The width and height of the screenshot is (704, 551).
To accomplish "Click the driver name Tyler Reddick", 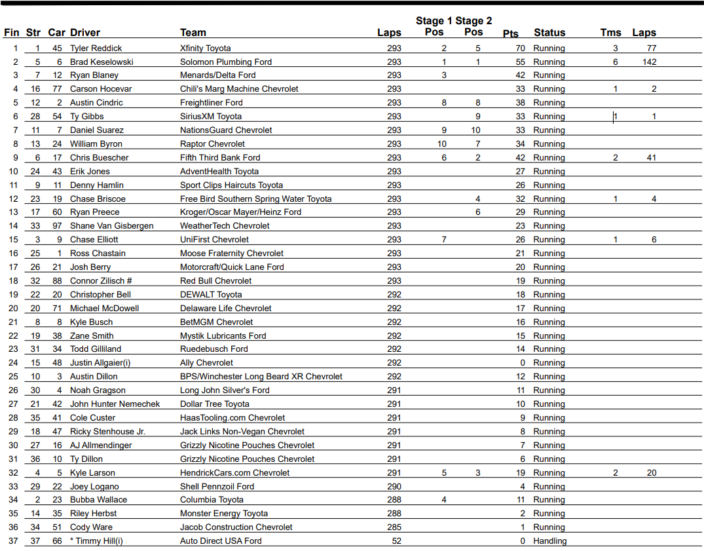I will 96,48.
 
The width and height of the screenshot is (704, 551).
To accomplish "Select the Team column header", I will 193,32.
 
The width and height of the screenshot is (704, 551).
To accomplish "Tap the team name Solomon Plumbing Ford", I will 226,62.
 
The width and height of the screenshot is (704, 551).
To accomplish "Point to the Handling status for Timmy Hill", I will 550,541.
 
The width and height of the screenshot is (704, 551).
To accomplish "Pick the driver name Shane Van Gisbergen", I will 112,225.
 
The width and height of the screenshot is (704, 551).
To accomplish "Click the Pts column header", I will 511,33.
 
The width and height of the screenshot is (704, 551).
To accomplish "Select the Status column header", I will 549,32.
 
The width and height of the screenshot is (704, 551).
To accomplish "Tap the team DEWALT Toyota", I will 211,294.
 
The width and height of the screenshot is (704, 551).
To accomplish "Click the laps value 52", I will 397,541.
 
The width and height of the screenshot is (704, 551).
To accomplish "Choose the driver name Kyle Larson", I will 92,472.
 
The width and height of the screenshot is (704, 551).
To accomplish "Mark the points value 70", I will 521,48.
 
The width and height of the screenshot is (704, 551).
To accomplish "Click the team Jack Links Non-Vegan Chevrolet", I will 242,431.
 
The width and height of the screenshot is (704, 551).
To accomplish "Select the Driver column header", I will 85,32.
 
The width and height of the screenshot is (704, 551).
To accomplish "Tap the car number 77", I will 57,88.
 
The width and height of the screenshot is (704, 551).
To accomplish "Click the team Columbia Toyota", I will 212,499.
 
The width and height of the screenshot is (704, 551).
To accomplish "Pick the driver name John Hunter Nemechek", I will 115,404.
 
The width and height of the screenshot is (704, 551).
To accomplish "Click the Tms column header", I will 611,32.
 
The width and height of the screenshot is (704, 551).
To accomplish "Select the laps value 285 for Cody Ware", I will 394,527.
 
